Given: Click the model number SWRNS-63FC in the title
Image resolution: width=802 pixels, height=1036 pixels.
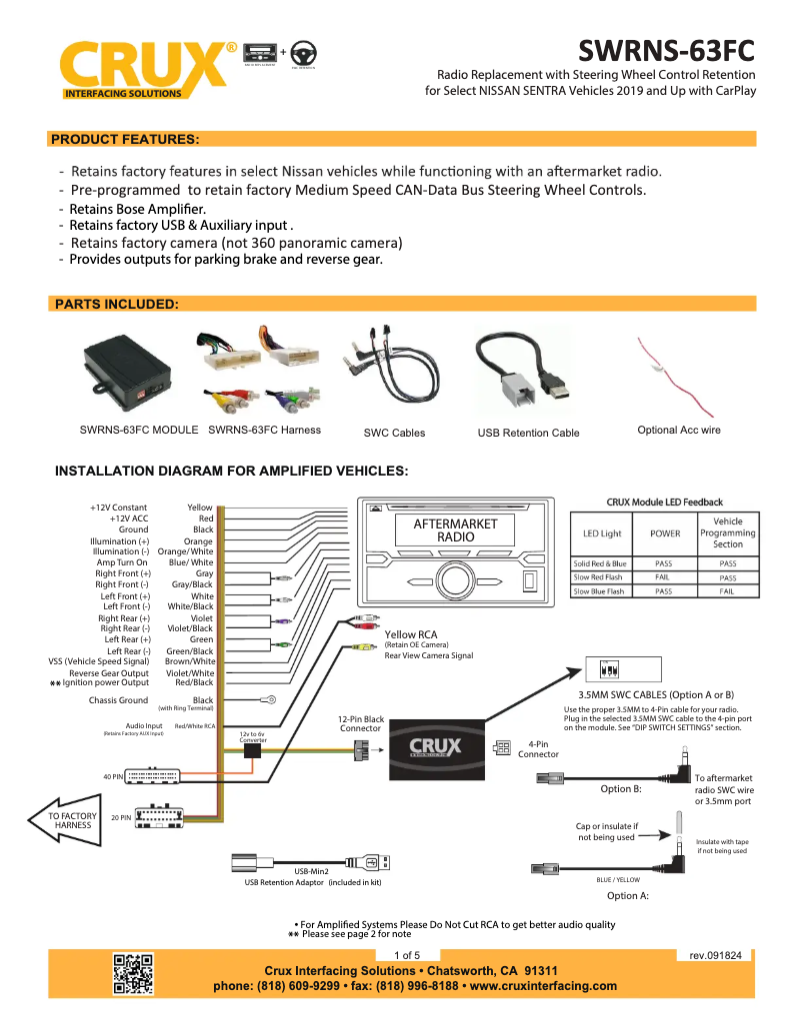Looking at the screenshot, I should click(x=666, y=51).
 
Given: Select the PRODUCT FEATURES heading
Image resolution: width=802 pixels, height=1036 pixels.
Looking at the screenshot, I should click(x=125, y=139).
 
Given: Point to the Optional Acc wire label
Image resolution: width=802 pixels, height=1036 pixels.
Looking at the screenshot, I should click(x=678, y=430).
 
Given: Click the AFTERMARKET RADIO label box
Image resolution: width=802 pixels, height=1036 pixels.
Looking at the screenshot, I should click(x=455, y=530).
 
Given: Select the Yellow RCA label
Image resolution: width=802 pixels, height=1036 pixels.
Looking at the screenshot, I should click(x=411, y=634).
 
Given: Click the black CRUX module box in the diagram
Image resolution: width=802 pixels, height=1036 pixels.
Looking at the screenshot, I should click(x=436, y=748).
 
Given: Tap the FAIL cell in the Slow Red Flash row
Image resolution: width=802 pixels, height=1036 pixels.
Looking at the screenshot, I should click(x=662, y=577).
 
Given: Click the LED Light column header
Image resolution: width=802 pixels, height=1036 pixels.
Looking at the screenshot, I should click(x=602, y=533).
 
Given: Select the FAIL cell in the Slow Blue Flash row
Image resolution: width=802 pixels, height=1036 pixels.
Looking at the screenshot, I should click(x=727, y=591).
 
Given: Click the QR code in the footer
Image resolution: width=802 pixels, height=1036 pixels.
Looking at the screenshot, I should click(x=133, y=974).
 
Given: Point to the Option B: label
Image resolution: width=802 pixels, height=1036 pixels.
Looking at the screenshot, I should click(x=621, y=788).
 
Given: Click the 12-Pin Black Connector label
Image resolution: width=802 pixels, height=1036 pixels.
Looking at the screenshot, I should click(x=360, y=724).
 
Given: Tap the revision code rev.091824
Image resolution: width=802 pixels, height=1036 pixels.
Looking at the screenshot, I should click(x=715, y=955).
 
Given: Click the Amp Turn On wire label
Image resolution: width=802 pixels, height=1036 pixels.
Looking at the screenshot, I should click(x=121, y=562).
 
